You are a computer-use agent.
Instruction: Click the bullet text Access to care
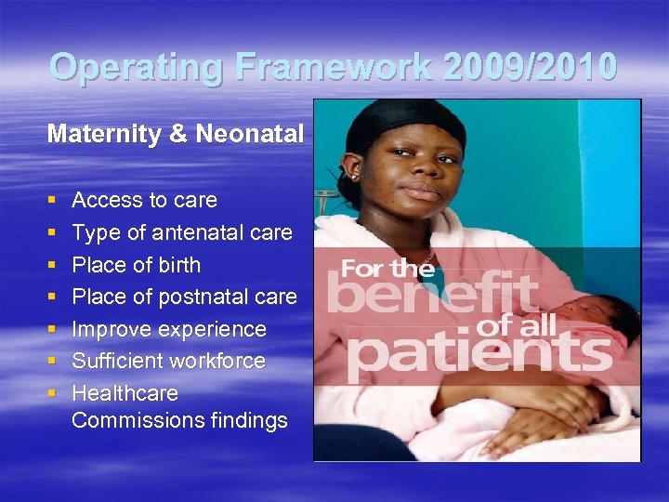pyautogui.click(x=144, y=200)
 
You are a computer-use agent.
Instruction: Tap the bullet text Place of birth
pyautogui.click(x=136, y=265)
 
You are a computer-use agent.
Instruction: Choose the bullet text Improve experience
pyautogui.click(x=168, y=329)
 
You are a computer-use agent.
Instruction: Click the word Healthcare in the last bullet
pyautogui.click(x=125, y=393)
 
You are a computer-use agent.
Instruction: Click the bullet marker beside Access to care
pyautogui.click(x=51, y=201)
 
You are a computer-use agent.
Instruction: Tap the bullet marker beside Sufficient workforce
pyautogui.click(x=51, y=362)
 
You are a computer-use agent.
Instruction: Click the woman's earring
pyautogui.click(x=354, y=175)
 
